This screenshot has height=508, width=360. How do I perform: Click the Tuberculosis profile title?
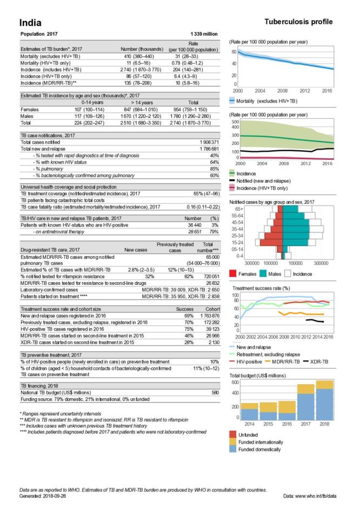point(299,22)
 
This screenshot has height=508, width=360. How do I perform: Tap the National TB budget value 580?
point(215,392)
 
